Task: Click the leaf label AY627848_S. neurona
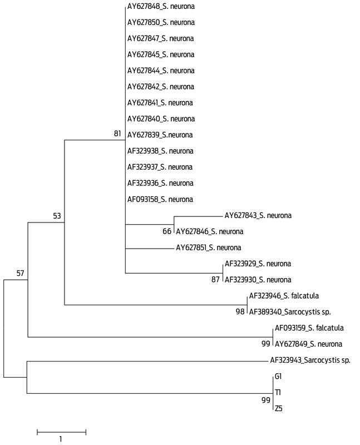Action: tap(161, 7)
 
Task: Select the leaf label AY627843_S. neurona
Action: tap(258, 216)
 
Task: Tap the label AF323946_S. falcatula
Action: tap(284, 296)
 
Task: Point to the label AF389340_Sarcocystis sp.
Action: tap(290, 312)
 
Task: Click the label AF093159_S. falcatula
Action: tap(309, 328)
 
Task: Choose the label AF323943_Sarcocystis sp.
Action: tap(310, 360)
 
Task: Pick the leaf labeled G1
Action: tap(278, 377)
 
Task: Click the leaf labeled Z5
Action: tap(279, 409)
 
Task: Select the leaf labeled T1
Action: tap(278, 393)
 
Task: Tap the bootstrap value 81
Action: tap(117, 133)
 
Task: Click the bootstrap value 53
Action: tap(57, 216)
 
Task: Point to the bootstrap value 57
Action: tap(20, 273)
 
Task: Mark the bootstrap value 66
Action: tap(167, 231)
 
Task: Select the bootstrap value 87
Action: tap(215, 280)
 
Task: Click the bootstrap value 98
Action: tap(240, 311)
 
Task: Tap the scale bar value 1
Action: tap(61, 439)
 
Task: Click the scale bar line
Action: tap(61, 432)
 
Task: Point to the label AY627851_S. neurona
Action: tap(209, 248)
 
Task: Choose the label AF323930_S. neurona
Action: tap(258, 280)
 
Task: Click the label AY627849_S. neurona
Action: tap(309, 344)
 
